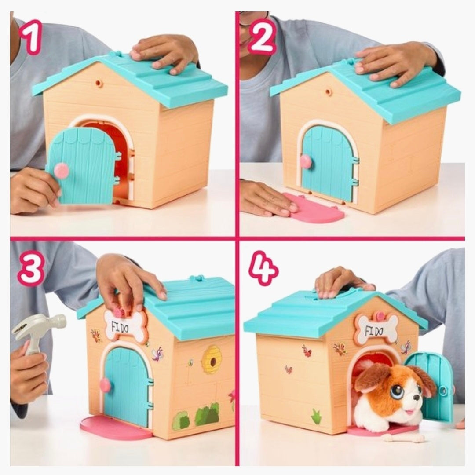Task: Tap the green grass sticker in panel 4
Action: point(316,417)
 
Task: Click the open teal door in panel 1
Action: point(81,165)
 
